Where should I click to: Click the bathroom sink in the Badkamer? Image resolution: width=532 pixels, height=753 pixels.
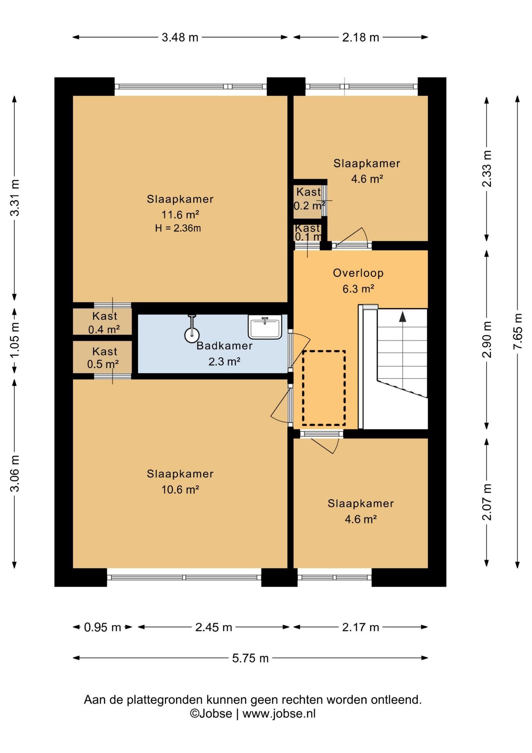(265, 327)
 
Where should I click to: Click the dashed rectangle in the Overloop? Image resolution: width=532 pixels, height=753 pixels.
(324, 388)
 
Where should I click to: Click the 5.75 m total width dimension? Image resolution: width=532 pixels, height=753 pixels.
(250, 658)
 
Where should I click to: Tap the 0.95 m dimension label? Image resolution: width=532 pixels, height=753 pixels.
(103, 627)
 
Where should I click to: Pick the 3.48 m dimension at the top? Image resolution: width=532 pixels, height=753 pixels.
(180, 37)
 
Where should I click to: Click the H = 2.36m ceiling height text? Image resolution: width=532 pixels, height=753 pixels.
(178, 228)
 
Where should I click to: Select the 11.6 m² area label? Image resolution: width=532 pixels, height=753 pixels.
(180, 215)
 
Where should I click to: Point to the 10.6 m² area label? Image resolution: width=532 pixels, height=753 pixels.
(180, 489)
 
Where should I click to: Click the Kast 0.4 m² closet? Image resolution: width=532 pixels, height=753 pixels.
(102, 322)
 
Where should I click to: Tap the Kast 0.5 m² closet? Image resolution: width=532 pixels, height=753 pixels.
(102, 357)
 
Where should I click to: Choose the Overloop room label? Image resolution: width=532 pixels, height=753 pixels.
(358, 273)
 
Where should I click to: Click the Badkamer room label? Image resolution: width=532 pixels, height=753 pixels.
(224, 346)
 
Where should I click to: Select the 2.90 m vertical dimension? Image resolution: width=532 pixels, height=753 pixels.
(487, 339)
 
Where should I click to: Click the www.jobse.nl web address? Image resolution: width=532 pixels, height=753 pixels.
(279, 713)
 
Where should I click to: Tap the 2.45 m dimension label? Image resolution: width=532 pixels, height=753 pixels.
(214, 627)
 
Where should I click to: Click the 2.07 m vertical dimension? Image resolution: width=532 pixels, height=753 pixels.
(487, 502)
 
